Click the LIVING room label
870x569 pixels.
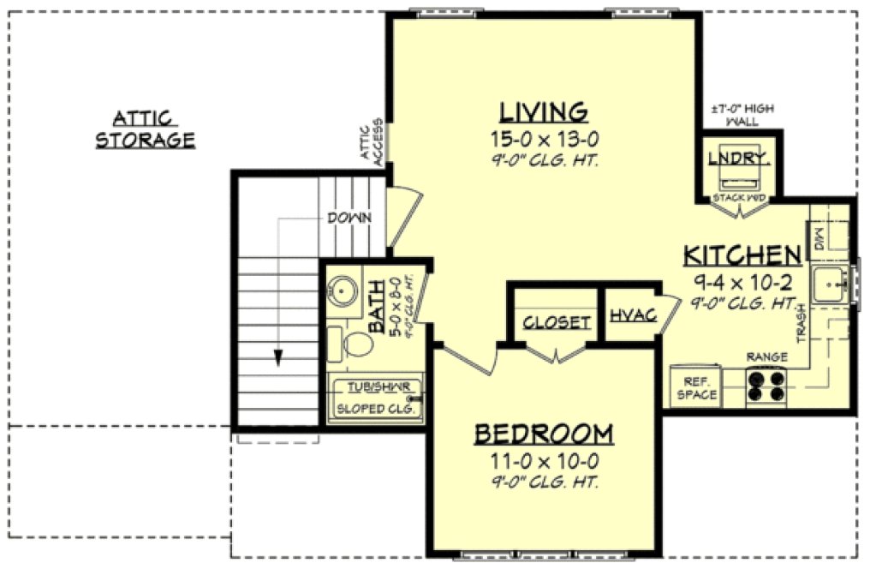[544, 112]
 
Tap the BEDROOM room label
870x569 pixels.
[544, 434]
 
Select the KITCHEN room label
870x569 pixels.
[742, 255]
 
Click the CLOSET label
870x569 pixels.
[557, 322]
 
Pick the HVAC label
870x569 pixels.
[633, 315]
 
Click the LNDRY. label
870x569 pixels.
[741, 157]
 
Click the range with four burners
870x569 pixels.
[766, 385]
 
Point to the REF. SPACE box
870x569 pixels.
[695, 387]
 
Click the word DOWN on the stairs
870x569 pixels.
[349, 219]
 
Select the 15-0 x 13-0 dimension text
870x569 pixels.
[544, 139]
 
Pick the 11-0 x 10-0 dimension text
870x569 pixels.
[544, 461]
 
